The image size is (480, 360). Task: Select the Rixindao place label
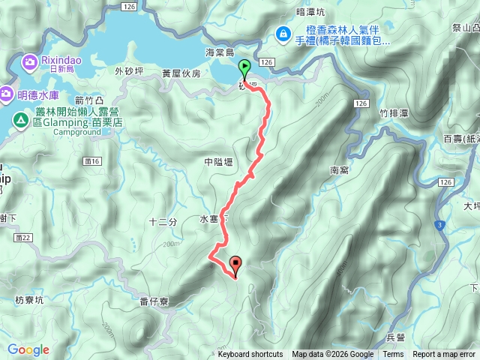pos(55,60)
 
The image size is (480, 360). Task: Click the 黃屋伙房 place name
pos(181,74)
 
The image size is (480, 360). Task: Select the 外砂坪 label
pos(128,72)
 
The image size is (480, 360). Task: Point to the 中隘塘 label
pos(218,162)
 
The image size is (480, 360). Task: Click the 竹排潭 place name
pos(394,113)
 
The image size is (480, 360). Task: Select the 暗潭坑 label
pos(310,12)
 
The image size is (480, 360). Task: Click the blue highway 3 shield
pos(439,224)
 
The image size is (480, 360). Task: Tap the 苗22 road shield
pos(22,238)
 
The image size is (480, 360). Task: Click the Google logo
pos(28,349)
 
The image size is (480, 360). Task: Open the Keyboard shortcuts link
pos(250,355)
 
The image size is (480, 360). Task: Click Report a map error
pos(444,355)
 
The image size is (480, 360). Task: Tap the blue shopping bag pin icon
pos(283,33)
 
